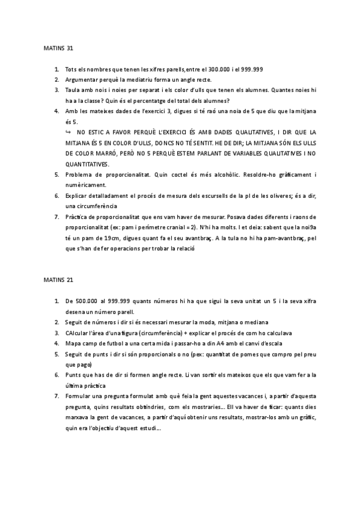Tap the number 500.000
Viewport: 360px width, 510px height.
click(87, 301)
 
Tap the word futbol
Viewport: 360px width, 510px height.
click(109, 343)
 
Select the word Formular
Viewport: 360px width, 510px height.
click(80, 396)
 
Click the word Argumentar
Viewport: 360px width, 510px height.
click(83, 80)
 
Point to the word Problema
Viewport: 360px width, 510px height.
click(81, 174)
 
